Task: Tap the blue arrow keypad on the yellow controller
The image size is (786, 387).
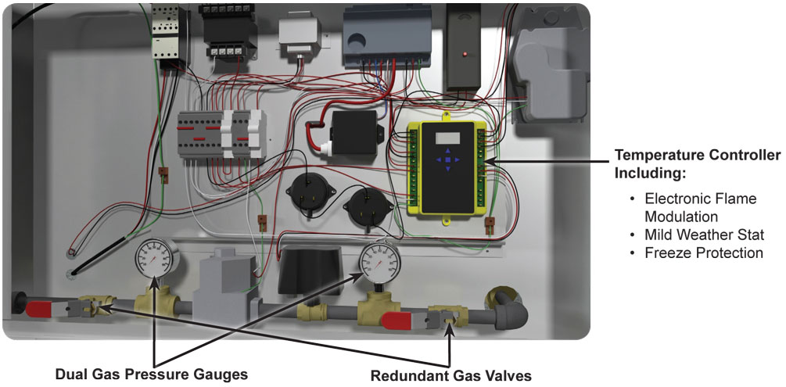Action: pyautogui.click(x=447, y=162)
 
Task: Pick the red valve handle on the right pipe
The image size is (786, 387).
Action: pyautogui.click(x=399, y=319)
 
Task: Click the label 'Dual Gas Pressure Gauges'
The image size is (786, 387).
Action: pyautogui.click(x=151, y=374)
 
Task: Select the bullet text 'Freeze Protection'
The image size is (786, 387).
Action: pyautogui.click(x=703, y=253)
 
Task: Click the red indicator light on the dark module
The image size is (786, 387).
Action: pyautogui.click(x=466, y=53)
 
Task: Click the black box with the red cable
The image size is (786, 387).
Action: pyautogui.click(x=354, y=131)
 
